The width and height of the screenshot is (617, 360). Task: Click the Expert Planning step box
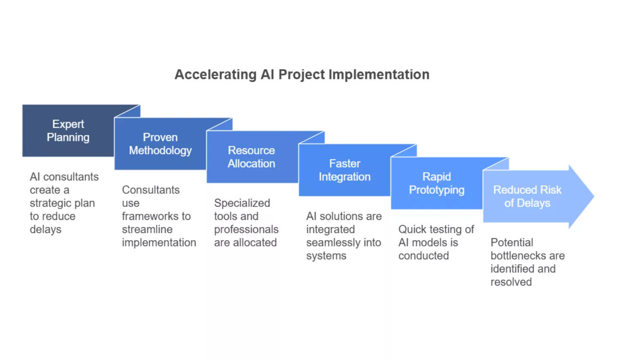[68, 131]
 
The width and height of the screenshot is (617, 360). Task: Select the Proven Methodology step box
[160, 144]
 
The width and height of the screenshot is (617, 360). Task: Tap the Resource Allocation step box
[252, 157]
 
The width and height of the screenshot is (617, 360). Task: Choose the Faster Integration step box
[344, 170]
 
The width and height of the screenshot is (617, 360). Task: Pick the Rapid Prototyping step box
[437, 183]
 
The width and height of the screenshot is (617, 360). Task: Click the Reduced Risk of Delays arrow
[527, 196]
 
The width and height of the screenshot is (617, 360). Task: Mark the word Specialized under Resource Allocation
[242, 203]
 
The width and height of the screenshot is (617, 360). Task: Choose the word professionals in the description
[246, 229]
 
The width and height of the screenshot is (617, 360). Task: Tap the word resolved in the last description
[511, 282]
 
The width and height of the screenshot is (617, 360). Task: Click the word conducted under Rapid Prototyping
[424, 256]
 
